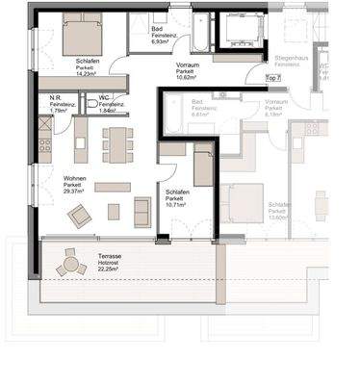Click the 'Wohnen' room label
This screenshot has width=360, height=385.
[x=73, y=178]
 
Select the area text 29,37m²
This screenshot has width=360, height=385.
[x=73, y=192]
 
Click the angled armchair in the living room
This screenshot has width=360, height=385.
[x=80, y=217]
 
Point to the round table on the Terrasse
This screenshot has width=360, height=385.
[x=72, y=262]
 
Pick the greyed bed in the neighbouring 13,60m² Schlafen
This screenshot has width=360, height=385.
[x=240, y=204]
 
